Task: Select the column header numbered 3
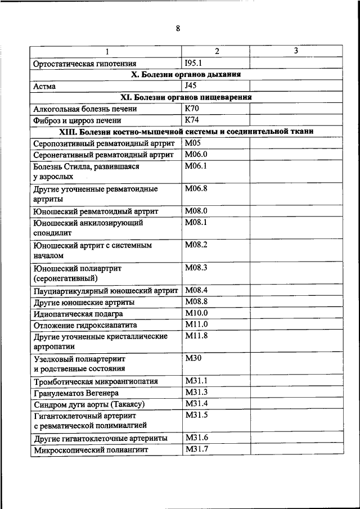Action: point(296,51)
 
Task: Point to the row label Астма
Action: point(44,87)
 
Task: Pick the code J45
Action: point(191,86)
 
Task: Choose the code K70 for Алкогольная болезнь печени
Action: point(192,109)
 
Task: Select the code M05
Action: point(193,143)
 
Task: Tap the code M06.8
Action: point(196,188)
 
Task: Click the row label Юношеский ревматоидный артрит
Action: point(96,211)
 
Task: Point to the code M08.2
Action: point(196,245)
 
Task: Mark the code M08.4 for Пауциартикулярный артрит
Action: point(196,290)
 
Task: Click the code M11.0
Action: point(196,325)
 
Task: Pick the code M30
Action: point(193,358)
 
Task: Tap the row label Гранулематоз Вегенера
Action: point(76,393)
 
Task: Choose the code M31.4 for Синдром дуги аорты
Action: point(196,404)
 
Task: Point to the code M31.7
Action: point(196,449)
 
